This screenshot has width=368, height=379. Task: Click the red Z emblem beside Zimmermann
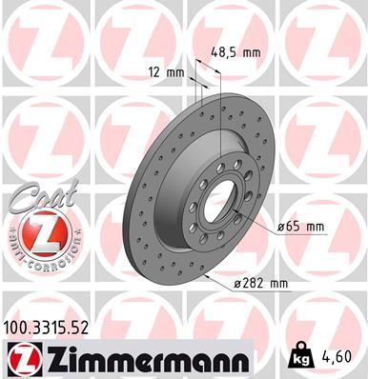pyautogui.click(x=22, y=360)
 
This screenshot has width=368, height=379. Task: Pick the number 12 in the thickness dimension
pyautogui.click(x=154, y=72)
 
